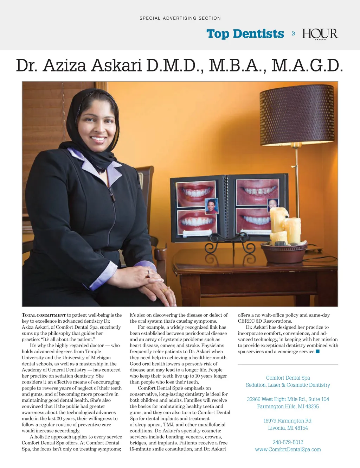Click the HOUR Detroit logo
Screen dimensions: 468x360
pyautogui.click(x=320, y=34)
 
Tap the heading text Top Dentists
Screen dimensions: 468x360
pyautogui.click(x=245, y=34)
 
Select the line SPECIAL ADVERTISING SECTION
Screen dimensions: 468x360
pyautogui.click(x=180, y=18)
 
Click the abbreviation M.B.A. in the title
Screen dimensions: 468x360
pyautogui.click(x=237, y=66)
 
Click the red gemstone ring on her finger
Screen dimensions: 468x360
pyautogui.click(x=148, y=276)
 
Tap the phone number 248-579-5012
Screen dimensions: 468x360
pyautogui.click(x=288, y=442)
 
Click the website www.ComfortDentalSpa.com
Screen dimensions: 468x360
pyautogui.click(x=288, y=449)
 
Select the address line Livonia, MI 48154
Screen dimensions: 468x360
pyautogui.click(x=288, y=428)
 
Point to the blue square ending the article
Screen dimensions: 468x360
pyautogui.click(x=318, y=352)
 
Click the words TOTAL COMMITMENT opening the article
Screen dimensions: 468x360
pyautogui.click(x=44, y=315)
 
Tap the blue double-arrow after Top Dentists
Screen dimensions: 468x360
pyautogui.click(x=294, y=33)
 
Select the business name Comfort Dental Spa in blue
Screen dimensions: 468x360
pyautogui.click(x=288, y=378)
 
